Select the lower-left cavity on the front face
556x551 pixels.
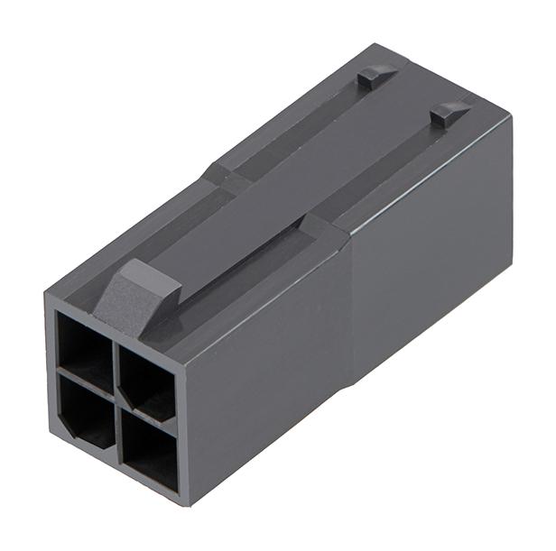pos(88,410)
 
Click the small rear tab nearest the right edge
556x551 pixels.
pos(449,112)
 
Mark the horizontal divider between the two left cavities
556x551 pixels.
pos(86,378)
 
